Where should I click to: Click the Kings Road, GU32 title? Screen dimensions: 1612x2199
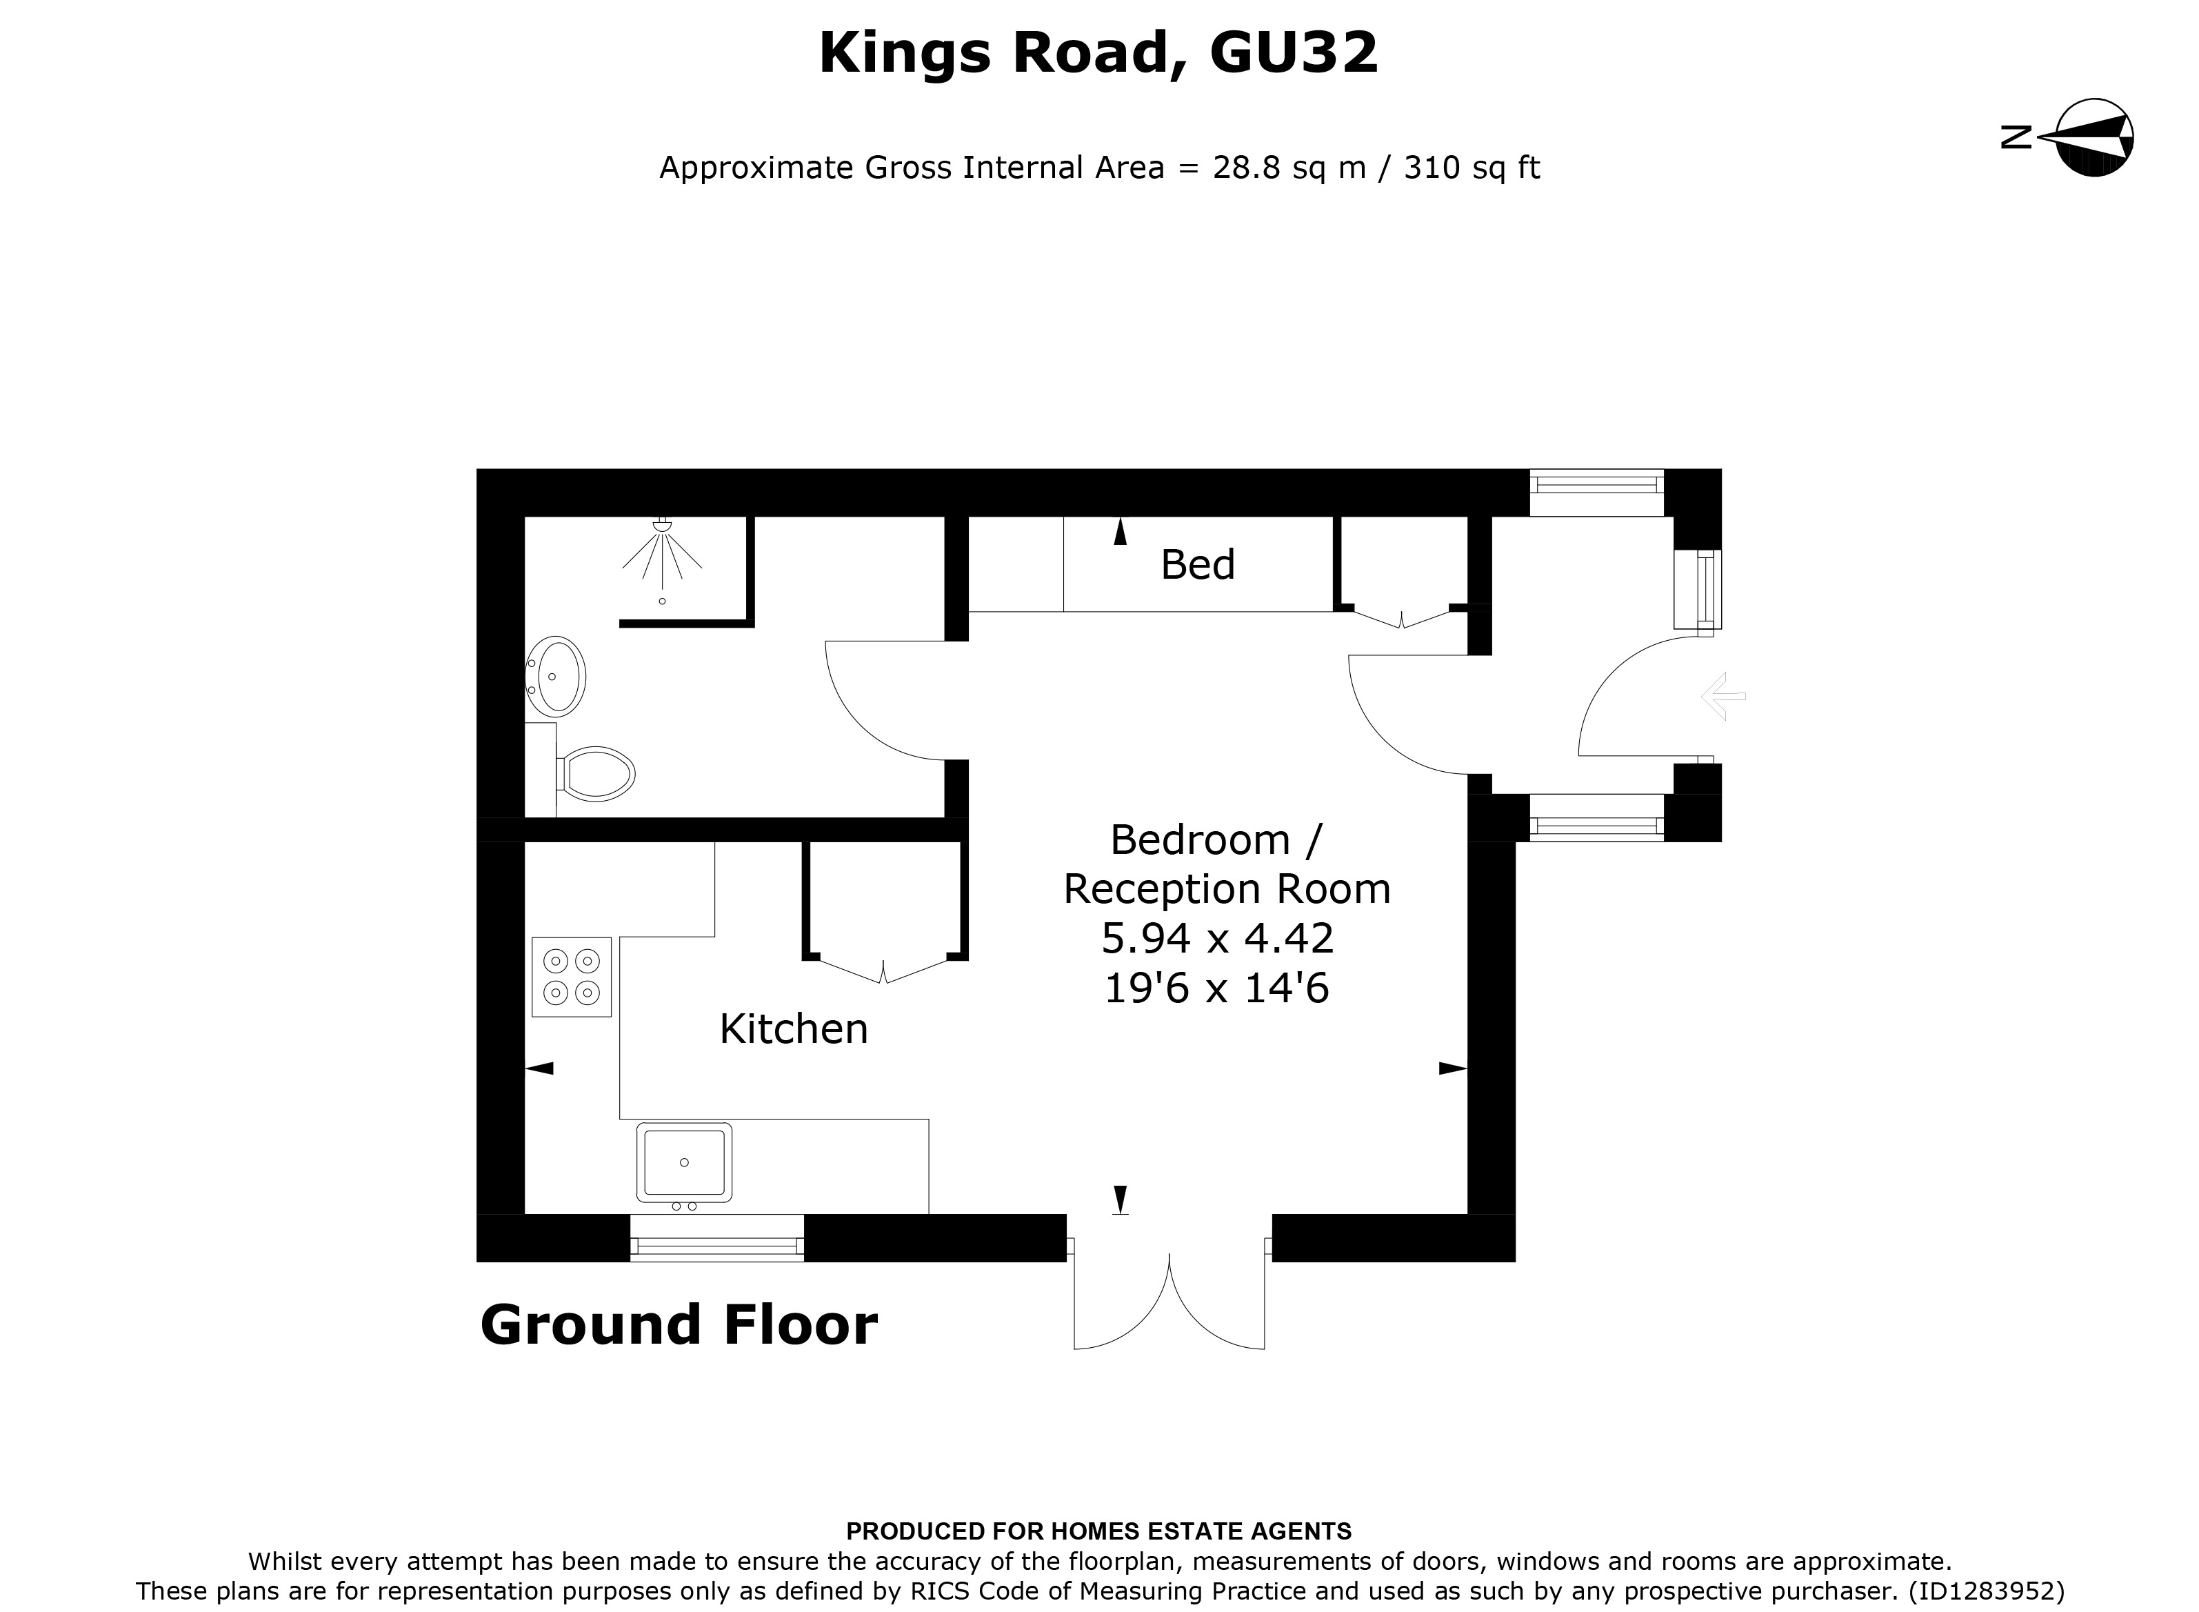pyautogui.click(x=1098, y=54)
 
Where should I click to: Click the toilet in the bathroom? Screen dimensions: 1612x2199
pyautogui.click(x=597, y=774)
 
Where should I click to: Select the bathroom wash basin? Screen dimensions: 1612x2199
pyautogui.click(x=558, y=675)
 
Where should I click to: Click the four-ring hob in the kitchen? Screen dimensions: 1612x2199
pyautogui.click(x=571, y=977)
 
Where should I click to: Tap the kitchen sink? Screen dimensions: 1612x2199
pyautogui.click(x=684, y=1162)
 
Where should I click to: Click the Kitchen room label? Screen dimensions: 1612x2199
pyautogui.click(x=793, y=1029)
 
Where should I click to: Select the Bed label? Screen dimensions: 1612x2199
pyautogui.click(x=1197, y=565)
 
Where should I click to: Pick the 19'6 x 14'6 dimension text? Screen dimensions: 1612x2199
pyautogui.click(x=1216, y=988)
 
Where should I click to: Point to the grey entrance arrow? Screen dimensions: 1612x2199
pyautogui.click(x=1723, y=697)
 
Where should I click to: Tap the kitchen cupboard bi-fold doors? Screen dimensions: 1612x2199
pyautogui.click(x=884, y=971)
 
